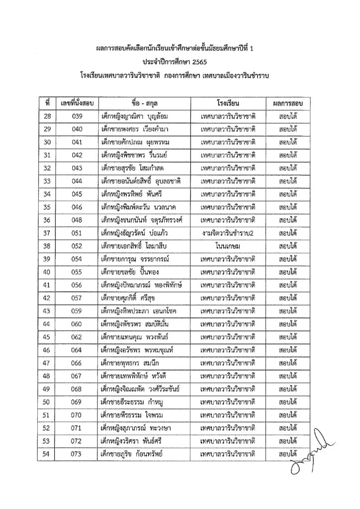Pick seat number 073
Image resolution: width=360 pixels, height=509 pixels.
click(x=77, y=453)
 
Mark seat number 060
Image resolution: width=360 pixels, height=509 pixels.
click(x=77, y=324)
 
